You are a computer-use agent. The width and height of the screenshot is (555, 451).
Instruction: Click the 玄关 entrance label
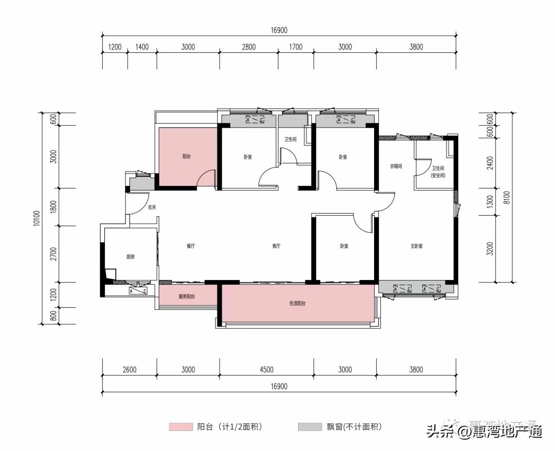tap(152, 208)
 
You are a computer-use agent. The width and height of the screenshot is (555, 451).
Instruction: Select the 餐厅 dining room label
tap(191, 246)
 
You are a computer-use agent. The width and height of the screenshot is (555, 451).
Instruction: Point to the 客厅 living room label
tap(276, 246)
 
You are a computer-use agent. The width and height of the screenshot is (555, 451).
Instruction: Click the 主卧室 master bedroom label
tap(416, 246)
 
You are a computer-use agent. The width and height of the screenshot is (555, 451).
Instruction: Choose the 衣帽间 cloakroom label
tap(395, 166)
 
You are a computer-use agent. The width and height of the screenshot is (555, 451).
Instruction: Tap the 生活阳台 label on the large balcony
tap(297, 304)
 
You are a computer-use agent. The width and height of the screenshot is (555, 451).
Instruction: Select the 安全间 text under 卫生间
tap(438, 175)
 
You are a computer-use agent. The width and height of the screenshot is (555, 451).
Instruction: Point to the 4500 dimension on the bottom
tap(266, 369)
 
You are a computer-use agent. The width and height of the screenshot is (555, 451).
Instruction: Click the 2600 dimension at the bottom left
tap(130, 369)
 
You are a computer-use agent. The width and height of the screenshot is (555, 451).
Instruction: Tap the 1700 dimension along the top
tap(295, 47)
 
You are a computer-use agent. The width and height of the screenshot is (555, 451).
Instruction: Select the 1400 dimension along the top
tap(142, 47)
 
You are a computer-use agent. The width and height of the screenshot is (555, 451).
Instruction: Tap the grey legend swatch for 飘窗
tap(305, 427)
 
